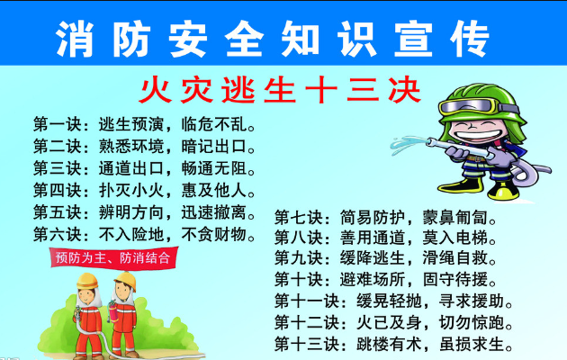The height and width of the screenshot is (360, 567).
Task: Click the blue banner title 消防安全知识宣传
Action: pos(273,39)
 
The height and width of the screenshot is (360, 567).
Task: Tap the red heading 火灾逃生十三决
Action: pos(280,90)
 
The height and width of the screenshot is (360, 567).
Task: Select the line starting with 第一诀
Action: pos(145,124)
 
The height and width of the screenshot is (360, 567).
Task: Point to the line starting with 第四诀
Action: pos(145,190)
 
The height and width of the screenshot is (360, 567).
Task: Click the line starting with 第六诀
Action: pos(145,234)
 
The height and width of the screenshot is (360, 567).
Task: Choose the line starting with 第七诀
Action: pos(385,217)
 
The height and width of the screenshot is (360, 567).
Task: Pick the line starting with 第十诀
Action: pos(385,279)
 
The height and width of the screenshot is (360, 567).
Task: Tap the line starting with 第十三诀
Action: pos(393,344)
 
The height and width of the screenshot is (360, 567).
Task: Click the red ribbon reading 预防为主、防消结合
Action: pos(113,257)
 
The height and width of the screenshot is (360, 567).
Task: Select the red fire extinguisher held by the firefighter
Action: pos(112,311)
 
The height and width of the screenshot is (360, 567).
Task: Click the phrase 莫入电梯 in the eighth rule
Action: pos(455,238)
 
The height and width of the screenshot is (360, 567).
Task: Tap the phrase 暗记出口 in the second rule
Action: pos(214,147)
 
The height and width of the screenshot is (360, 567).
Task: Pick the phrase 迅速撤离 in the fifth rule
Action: pos(214,212)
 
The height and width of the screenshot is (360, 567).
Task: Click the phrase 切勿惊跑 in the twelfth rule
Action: pos(472,322)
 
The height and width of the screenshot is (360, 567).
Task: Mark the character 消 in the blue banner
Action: pos(75,39)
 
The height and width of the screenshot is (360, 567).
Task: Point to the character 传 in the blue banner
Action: pos(471,39)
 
